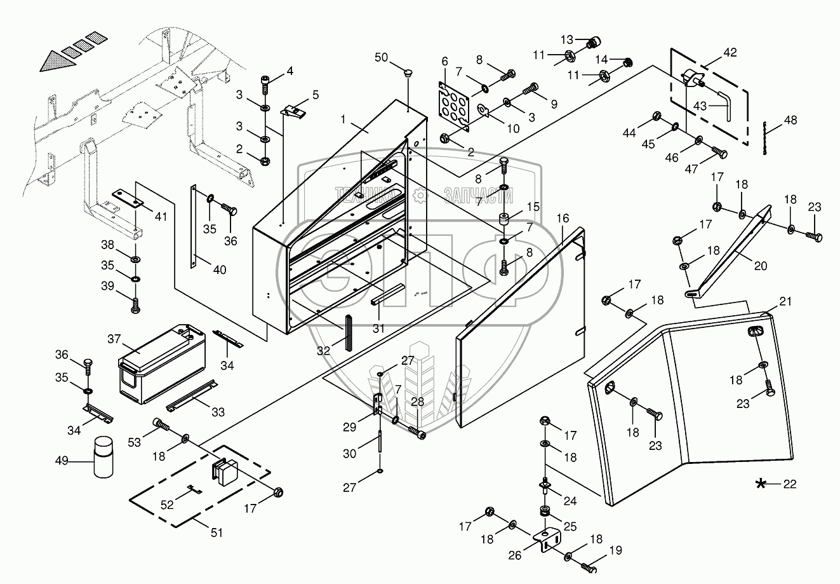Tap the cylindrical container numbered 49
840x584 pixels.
104,457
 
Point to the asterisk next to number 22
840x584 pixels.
760,484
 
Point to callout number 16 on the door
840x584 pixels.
563,219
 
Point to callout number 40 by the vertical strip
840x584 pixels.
219,269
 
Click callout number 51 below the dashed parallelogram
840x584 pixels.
217,533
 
